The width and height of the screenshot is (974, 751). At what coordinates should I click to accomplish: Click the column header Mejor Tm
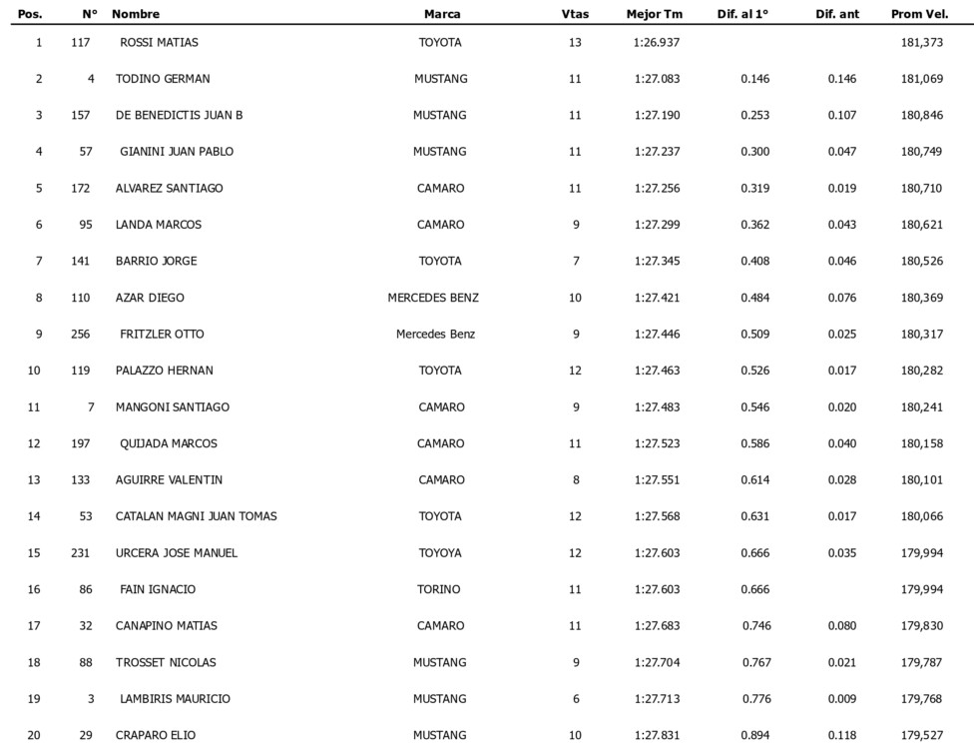(654, 14)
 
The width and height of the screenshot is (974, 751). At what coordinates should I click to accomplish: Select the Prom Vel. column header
(918, 14)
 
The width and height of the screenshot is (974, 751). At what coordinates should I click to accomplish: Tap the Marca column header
(442, 14)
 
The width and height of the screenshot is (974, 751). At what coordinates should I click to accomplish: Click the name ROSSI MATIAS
(159, 42)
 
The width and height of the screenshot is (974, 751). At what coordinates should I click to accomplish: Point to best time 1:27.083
(657, 79)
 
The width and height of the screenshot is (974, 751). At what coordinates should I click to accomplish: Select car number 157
(81, 115)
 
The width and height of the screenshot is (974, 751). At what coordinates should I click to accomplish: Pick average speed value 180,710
(921, 188)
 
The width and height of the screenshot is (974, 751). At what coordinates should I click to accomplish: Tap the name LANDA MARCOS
(159, 225)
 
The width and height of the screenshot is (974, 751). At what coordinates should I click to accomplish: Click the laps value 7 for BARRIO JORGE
(576, 261)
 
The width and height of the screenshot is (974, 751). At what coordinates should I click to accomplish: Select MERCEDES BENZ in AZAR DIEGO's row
(433, 298)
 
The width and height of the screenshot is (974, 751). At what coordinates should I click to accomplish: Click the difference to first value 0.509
(754, 334)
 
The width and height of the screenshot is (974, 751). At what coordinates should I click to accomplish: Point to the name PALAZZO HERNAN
(164, 371)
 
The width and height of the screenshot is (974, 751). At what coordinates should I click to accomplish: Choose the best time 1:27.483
(657, 406)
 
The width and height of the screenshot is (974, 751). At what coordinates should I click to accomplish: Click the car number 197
(81, 443)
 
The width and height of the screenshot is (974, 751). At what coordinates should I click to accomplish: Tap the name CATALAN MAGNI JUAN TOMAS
(197, 516)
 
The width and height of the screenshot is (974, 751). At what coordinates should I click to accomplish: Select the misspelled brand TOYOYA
(440, 553)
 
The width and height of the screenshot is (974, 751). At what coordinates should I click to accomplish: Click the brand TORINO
(439, 589)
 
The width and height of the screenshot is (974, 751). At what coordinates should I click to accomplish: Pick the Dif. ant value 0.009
(841, 699)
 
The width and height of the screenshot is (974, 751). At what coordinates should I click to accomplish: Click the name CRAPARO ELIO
(156, 736)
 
